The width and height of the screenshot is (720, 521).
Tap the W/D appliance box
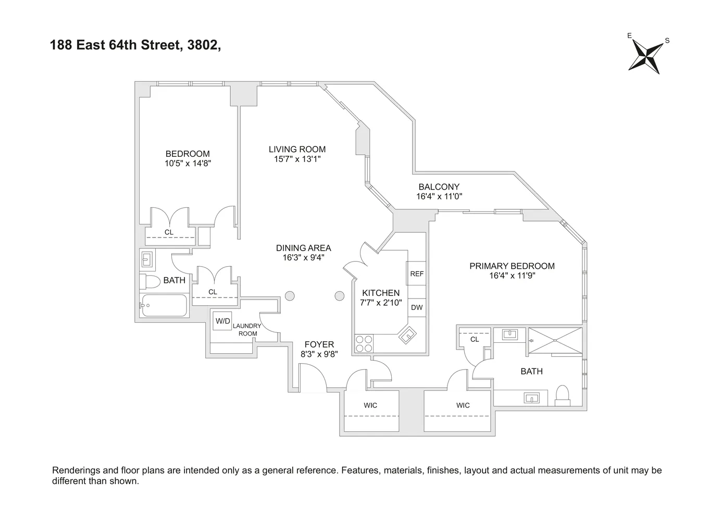click(x=222, y=321)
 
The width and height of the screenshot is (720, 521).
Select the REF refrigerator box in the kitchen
click(x=416, y=274)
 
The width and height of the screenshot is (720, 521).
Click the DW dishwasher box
click(x=416, y=307)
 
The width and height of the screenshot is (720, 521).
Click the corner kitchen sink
click(x=407, y=334)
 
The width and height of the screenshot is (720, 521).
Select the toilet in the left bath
click(x=151, y=282)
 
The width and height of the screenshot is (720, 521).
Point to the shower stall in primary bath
click(x=555, y=340)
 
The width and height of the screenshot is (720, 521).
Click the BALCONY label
click(x=439, y=187)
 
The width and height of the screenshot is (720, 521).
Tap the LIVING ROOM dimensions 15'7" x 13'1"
click(x=297, y=159)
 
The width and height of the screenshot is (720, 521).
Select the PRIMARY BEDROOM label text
click(x=512, y=266)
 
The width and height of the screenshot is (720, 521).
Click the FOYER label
click(x=319, y=344)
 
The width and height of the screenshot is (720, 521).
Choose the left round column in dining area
click(x=290, y=296)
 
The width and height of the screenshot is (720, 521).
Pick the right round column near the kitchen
click(x=340, y=296)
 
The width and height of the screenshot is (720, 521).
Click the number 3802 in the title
click(x=200, y=45)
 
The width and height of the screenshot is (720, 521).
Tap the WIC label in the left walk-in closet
click(x=370, y=405)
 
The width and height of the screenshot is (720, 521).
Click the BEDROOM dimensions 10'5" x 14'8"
click(x=188, y=163)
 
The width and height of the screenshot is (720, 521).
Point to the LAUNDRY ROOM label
click(x=247, y=330)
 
